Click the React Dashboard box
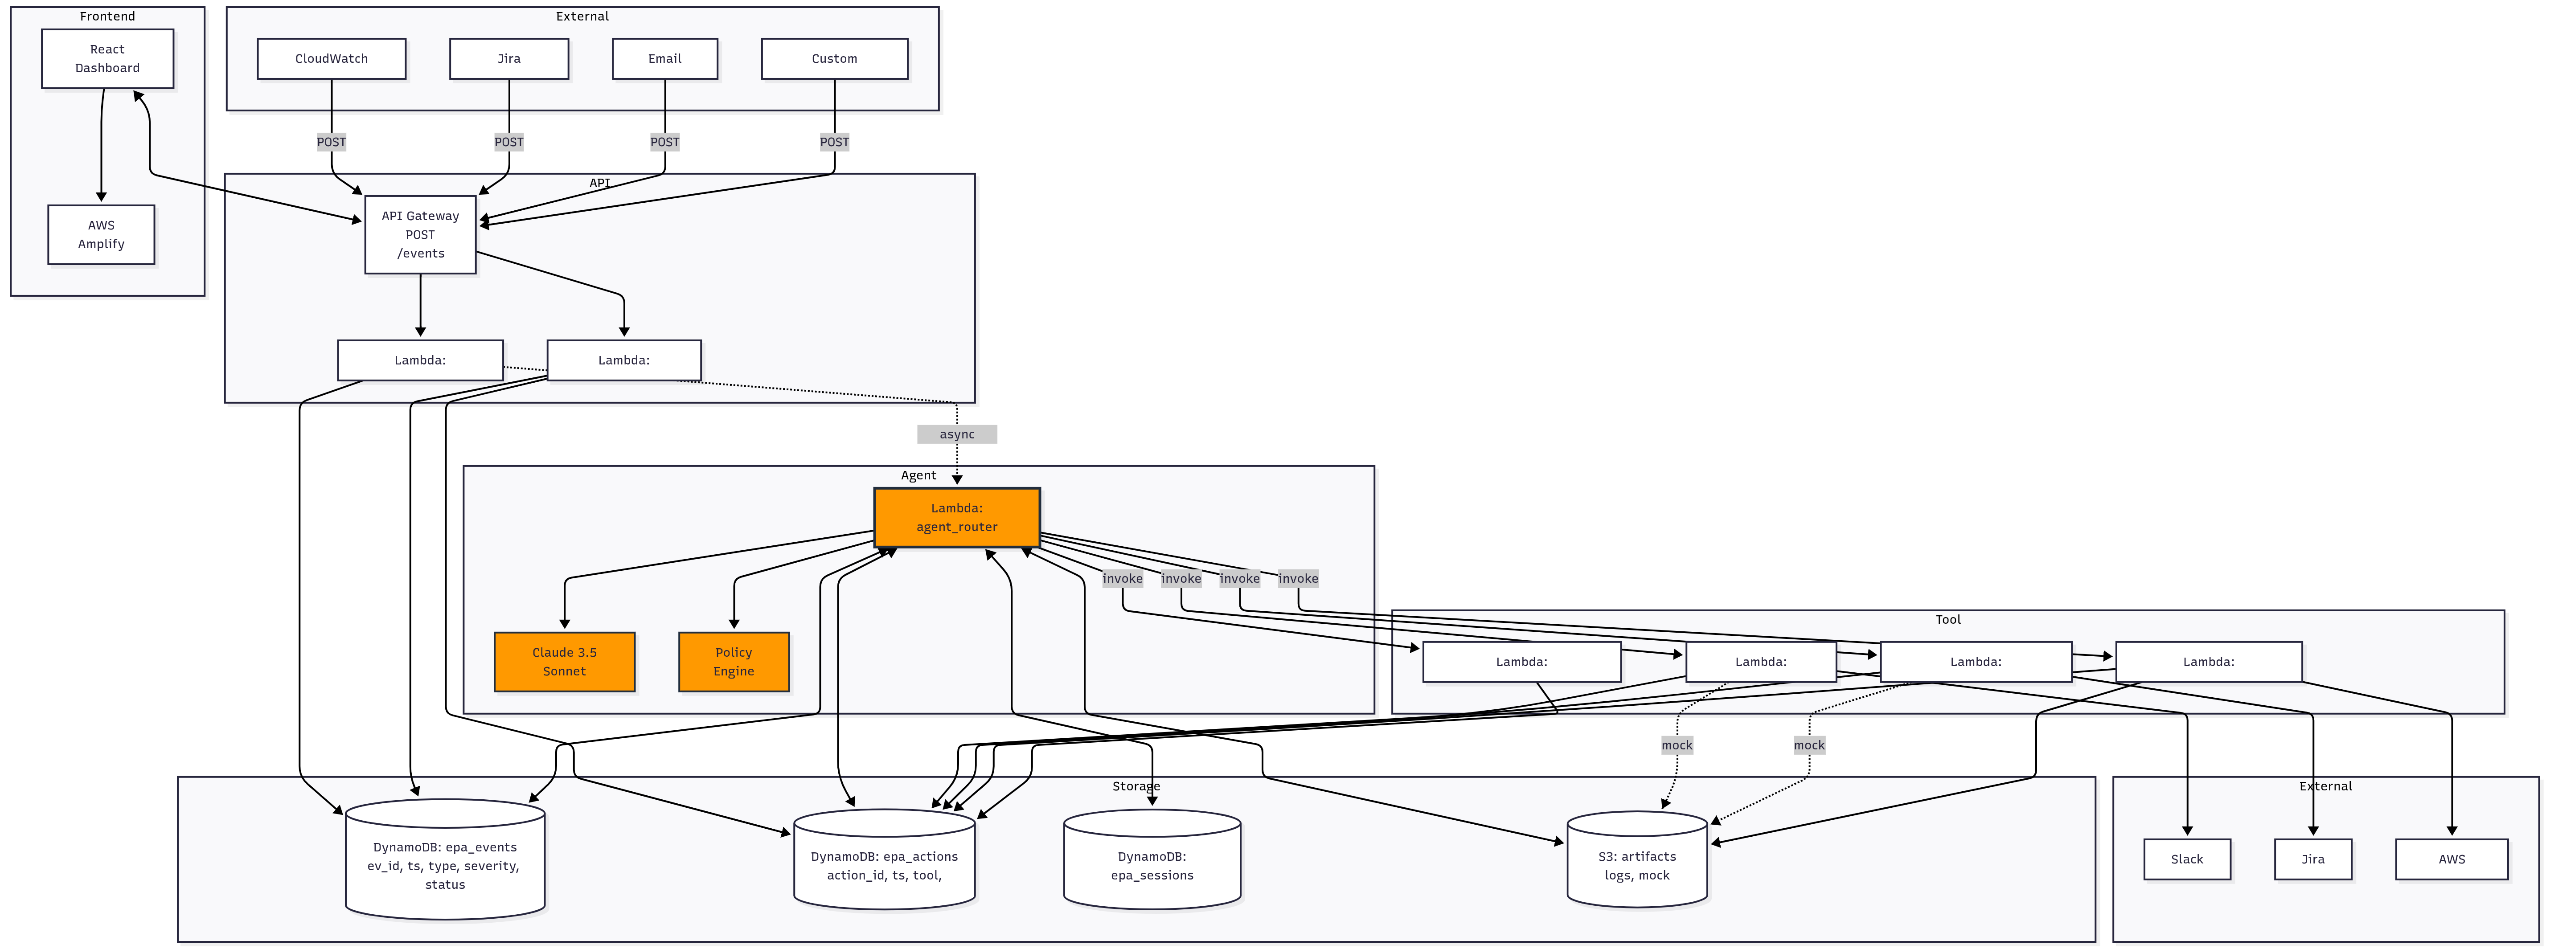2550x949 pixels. click(x=107, y=58)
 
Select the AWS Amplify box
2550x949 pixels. click(x=101, y=234)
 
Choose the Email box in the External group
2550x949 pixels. click(x=664, y=58)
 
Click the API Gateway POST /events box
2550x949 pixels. click(x=420, y=234)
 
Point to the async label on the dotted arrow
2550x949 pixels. click(x=956, y=434)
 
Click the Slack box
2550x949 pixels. click(x=2187, y=859)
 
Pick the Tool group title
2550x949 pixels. click(x=1947, y=619)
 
